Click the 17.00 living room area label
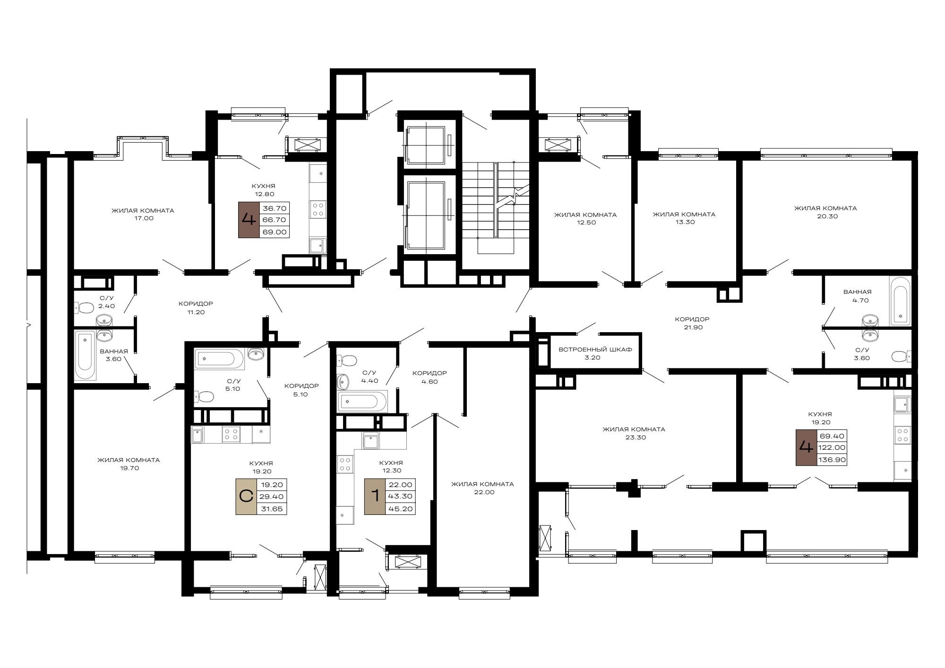(144, 218)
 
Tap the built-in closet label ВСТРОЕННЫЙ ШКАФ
(595, 350)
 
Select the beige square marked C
(246, 497)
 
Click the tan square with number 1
(375, 497)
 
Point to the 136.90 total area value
(832, 460)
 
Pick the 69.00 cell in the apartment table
(275, 232)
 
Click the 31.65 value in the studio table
(272, 509)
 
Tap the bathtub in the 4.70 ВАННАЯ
(900, 301)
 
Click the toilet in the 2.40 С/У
(84, 308)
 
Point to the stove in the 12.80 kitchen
(318, 209)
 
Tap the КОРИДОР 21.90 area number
(693, 327)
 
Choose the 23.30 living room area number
(636, 437)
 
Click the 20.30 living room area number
(827, 216)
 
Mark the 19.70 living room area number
(129, 468)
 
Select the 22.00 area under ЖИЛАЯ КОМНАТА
(484, 492)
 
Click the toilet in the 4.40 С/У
(346, 361)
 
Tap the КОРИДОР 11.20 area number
(196, 312)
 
